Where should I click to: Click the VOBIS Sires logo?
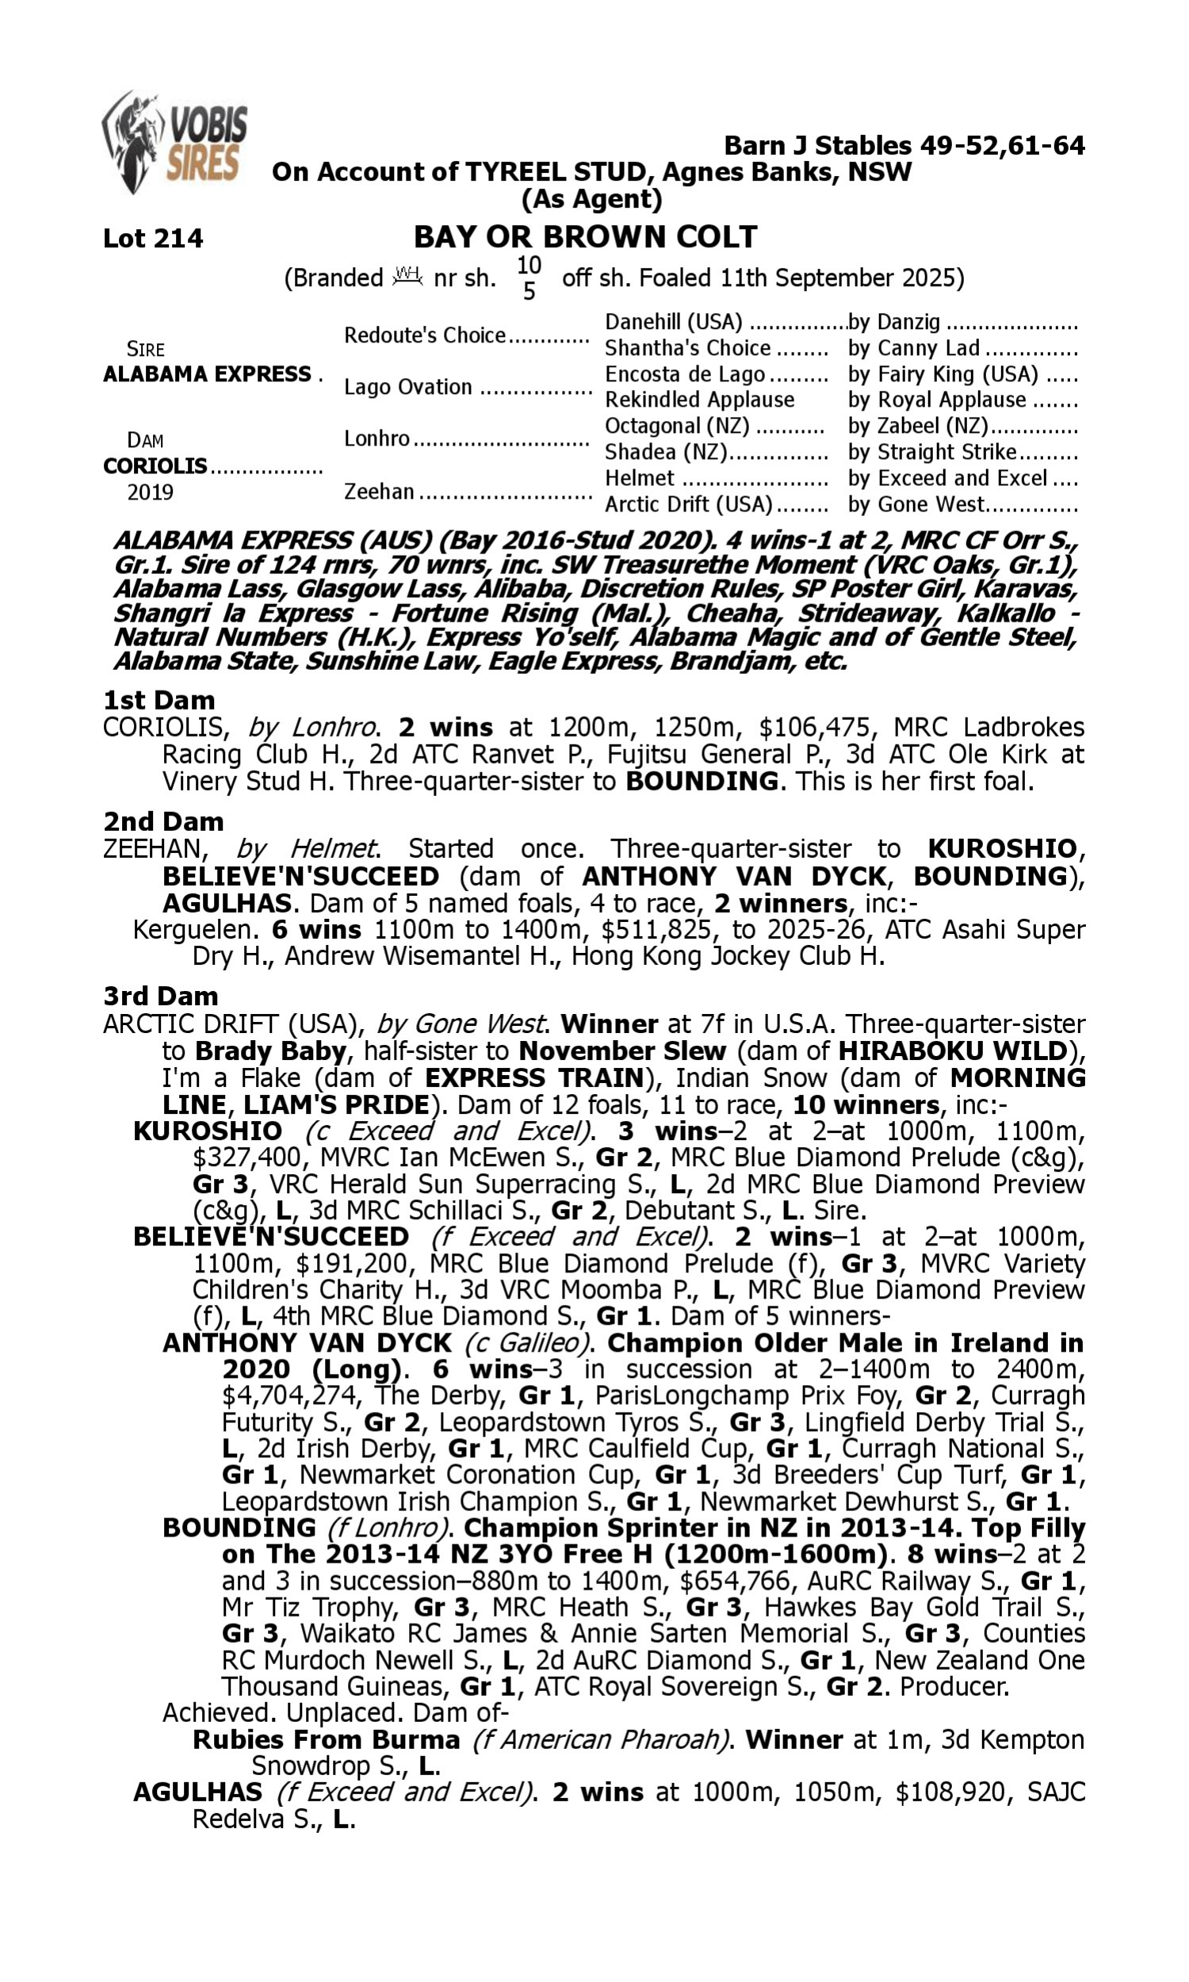(x=174, y=143)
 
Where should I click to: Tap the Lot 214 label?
(x=153, y=239)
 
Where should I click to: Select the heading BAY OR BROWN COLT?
(x=585, y=237)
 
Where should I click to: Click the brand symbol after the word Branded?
(x=407, y=277)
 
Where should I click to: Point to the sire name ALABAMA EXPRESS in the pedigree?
(x=207, y=375)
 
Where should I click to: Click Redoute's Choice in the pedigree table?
(x=425, y=335)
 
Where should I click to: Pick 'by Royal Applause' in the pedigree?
(x=937, y=400)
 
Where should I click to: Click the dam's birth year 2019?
(x=150, y=492)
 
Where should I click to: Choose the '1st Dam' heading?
(x=159, y=701)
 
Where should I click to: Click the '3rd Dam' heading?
(x=160, y=996)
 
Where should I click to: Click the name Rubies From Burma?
(x=326, y=1739)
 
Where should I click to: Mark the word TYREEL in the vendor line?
(x=516, y=172)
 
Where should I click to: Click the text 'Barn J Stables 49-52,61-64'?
(x=904, y=146)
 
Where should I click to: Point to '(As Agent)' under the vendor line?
(x=591, y=199)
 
